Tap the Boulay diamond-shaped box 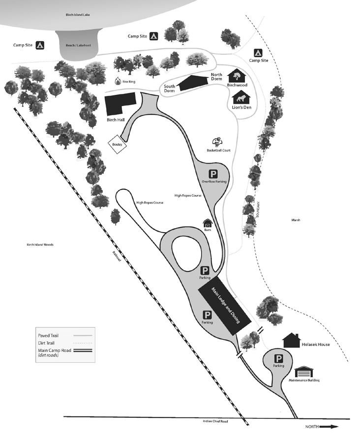pos(118,145)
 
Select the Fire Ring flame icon pos(118,81)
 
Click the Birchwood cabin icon pos(237,76)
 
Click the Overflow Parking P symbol pos(213,175)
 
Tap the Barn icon pos(208,223)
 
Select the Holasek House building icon pos(291,340)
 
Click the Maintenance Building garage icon pos(304,372)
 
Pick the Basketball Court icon pos(217,142)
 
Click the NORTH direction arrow pos(329,427)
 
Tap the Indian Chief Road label pos(215,421)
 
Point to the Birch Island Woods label pos(40,245)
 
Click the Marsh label pos(296,220)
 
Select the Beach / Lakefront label pos(79,45)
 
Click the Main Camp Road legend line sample pos(83,351)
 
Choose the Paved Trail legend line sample pos(83,335)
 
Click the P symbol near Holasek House pos(278,359)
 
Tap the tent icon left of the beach pos(40,45)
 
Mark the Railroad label pos(117,256)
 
